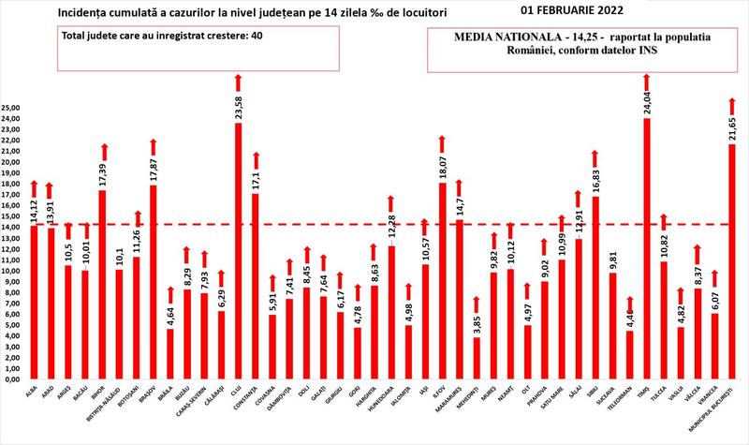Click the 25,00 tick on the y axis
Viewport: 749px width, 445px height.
point(11,108)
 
